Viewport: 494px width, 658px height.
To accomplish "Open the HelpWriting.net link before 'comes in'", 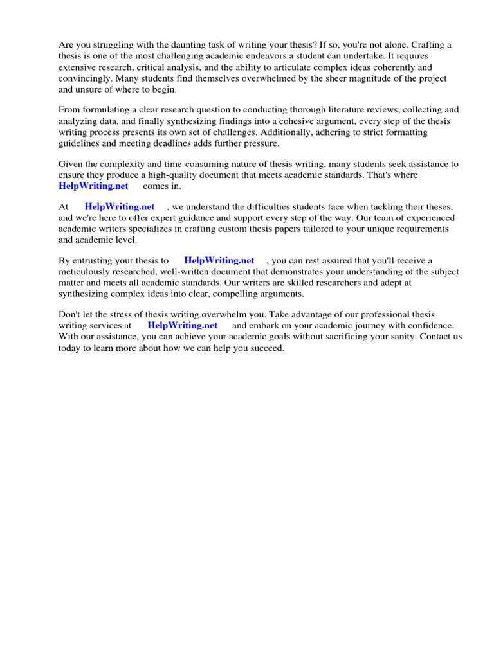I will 93,186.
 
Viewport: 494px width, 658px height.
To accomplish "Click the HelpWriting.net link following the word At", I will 120,206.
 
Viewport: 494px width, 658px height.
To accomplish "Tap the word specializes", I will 168,229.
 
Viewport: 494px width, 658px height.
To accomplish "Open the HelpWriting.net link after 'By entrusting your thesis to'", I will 219,260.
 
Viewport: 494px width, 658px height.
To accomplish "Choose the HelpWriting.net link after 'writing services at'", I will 183,325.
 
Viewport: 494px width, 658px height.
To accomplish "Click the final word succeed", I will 266,348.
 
